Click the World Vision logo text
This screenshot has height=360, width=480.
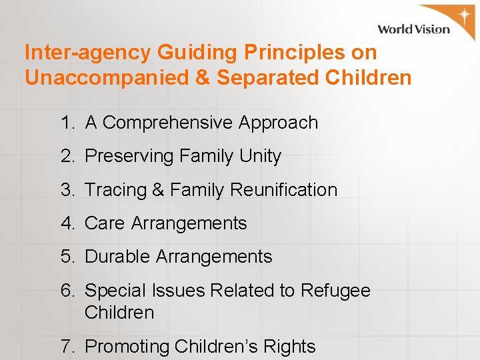(x=413, y=29)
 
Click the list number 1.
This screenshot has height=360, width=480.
(x=66, y=123)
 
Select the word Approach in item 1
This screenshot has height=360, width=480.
(x=278, y=123)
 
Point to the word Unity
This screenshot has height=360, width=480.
(x=261, y=157)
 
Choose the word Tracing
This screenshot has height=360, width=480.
(x=115, y=190)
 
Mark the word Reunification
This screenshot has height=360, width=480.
(x=283, y=190)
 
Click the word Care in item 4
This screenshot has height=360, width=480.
(x=105, y=223)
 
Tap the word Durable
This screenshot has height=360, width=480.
(x=118, y=257)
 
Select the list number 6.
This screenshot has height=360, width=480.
(x=66, y=291)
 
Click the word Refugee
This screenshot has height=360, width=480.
(x=335, y=291)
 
